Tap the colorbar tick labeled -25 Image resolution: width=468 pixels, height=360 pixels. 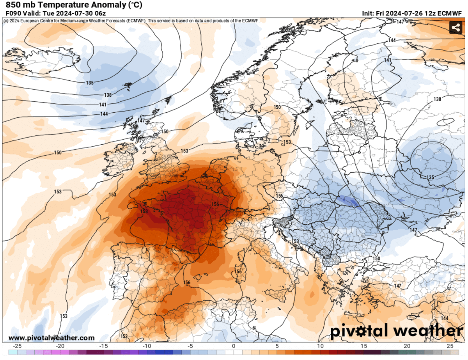click(17, 346)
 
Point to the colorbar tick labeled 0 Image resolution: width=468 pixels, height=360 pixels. click(233, 346)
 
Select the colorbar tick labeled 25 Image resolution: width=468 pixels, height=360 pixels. click(450, 346)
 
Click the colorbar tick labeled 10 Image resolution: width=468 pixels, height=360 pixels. click(320, 346)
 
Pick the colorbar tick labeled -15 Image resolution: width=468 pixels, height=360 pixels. click(104, 346)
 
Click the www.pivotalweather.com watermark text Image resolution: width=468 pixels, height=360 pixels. click(51, 338)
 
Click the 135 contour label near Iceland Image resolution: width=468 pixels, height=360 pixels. click(90, 83)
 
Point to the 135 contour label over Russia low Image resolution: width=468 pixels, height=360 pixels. click(431, 178)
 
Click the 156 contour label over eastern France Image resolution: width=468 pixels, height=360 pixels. click(215, 205)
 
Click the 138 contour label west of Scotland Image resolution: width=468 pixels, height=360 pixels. click(108, 95)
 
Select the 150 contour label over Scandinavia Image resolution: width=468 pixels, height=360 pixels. click(277, 107)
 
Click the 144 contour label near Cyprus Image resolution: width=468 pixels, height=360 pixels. click(445, 319)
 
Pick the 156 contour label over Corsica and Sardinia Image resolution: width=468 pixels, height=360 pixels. click(238, 272)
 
